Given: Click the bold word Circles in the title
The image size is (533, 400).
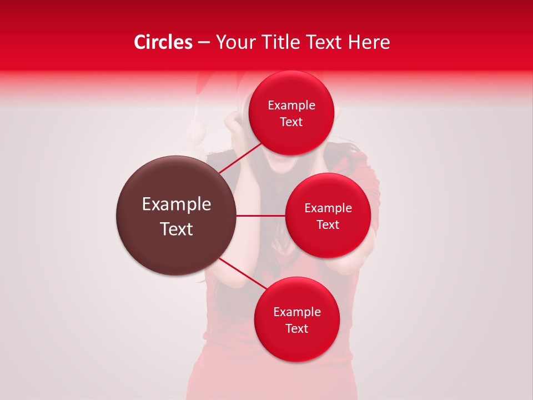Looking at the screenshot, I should pyautogui.click(x=163, y=42).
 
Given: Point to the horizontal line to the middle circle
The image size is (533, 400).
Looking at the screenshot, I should pyautogui.click(x=260, y=216).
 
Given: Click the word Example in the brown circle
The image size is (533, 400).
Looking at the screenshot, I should pyautogui.click(x=177, y=204).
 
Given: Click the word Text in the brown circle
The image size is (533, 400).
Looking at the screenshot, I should pyautogui.click(x=177, y=229).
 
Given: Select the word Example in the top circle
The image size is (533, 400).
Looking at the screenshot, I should pyautogui.click(x=291, y=106).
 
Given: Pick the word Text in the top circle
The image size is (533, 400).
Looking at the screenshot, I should pyautogui.click(x=291, y=122).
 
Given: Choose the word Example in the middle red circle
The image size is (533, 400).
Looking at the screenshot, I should pyautogui.click(x=328, y=208).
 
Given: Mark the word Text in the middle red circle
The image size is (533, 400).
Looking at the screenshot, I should pyautogui.click(x=328, y=225).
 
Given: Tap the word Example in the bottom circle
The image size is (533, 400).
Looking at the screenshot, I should pyautogui.click(x=297, y=312).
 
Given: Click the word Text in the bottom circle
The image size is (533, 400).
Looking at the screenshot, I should pyautogui.click(x=296, y=329).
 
